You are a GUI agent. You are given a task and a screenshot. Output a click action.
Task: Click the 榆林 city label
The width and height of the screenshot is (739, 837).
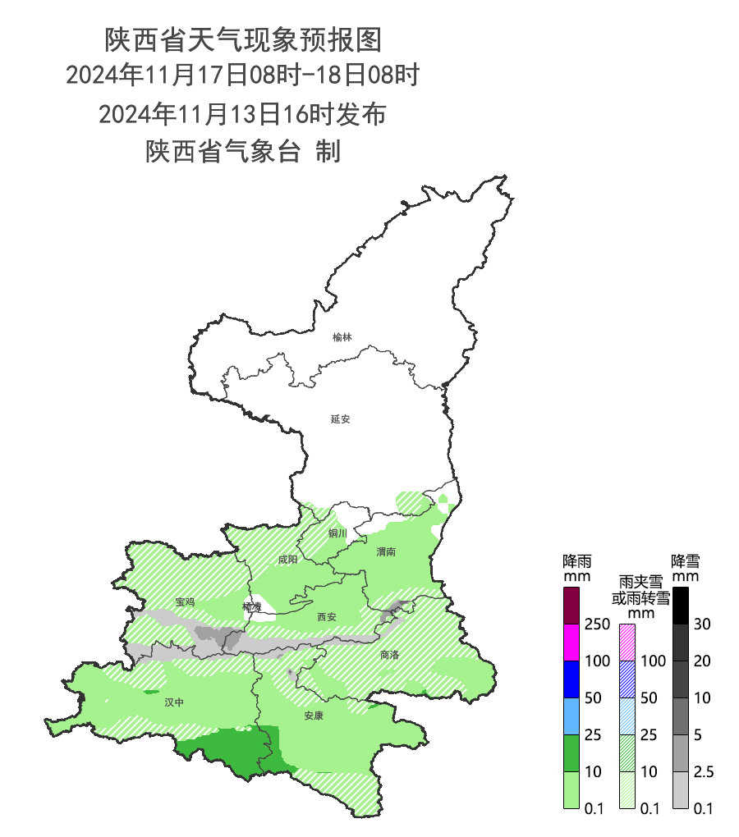tap(342, 337)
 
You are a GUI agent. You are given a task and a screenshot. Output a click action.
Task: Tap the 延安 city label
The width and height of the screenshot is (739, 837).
tap(341, 418)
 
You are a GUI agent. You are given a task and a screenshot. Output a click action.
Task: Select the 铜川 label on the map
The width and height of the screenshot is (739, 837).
tap(337, 533)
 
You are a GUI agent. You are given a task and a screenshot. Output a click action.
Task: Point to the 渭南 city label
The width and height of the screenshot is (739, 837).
tap(386, 552)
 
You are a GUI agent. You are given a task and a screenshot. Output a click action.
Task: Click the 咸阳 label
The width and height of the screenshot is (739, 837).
tap(287, 560)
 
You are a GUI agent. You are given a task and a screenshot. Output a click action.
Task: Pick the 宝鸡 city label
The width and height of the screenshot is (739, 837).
tap(185, 602)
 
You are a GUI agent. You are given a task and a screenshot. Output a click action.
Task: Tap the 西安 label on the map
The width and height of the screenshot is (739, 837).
tap(326, 616)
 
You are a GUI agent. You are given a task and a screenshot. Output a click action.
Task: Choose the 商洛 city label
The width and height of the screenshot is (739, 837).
tap(389, 655)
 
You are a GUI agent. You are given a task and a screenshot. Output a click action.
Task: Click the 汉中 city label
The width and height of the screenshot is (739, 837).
tap(174, 702)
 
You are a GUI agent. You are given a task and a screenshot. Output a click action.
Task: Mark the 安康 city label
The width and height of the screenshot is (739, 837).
tap(314, 716)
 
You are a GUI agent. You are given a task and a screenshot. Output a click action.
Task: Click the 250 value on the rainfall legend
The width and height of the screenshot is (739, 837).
tap(599, 624)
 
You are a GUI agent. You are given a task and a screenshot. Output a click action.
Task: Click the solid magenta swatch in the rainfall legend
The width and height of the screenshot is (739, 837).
tap(572, 642)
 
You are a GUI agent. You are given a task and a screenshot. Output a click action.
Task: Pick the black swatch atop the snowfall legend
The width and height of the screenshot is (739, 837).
tap(680, 606)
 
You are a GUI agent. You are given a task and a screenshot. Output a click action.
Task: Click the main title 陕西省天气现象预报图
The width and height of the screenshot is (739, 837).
tap(243, 39)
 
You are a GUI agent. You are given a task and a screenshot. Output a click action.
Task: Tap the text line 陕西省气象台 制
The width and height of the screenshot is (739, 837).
tap(243, 151)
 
